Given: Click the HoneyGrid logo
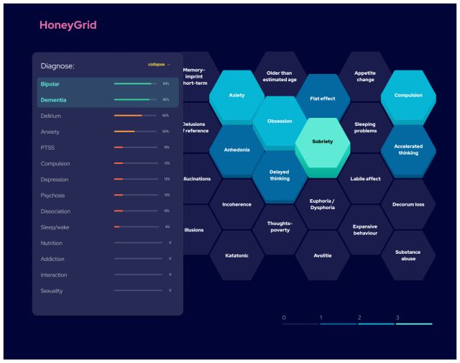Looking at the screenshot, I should pyautogui.click(x=68, y=25).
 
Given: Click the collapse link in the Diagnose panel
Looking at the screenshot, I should pyautogui.click(x=159, y=65).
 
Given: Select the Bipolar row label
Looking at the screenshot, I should pyautogui.click(x=50, y=84).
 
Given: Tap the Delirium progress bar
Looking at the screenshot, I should pyautogui.click(x=135, y=116).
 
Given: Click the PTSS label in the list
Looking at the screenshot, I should pyautogui.click(x=47, y=147).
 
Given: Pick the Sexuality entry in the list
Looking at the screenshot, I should pyautogui.click(x=52, y=291).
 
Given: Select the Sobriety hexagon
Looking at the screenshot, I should pyautogui.click(x=322, y=142).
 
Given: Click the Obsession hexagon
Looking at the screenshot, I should pyautogui.click(x=280, y=121).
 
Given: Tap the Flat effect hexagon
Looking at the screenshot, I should pyautogui.click(x=322, y=98).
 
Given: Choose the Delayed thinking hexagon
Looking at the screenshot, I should pyautogui.click(x=280, y=175).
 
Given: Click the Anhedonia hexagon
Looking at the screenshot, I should pyautogui.click(x=236, y=150).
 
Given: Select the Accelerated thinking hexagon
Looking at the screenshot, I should pyautogui.click(x=408, y=150).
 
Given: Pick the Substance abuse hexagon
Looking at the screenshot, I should pyautogui.click(x=408, y=256).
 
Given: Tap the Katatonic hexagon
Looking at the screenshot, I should pyautogui.click(x=236, y=256).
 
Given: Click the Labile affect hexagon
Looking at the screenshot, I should pyautogui.click(x=365, y=178).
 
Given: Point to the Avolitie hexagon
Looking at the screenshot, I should pyautogui.click(x=322, y=256).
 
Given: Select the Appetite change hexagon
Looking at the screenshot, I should pyautogui.click(x=365, y=76).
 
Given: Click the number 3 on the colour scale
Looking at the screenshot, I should pyautogui.click(x=397, y=317).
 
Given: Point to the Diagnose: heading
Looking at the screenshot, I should pyautogui.click(x=57, y=66).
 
